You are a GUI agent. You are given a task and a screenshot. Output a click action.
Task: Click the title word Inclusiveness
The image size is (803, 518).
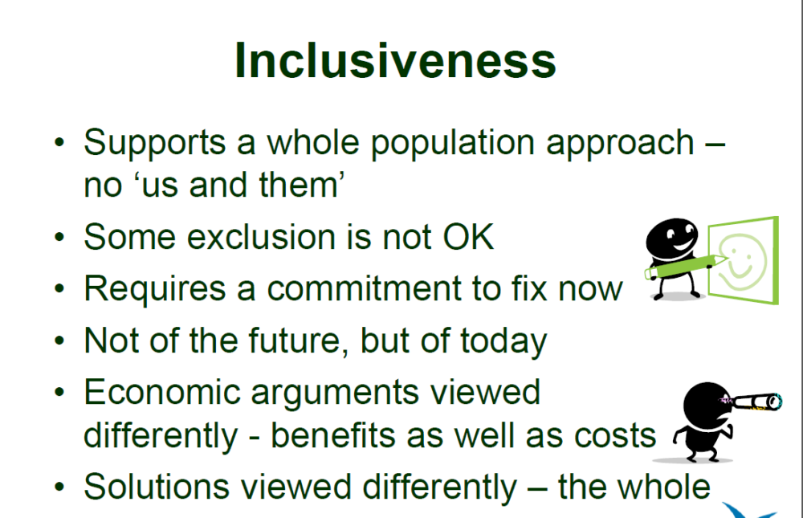[395, 61]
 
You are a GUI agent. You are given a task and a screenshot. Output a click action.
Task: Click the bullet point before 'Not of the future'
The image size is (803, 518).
[60, 341]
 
